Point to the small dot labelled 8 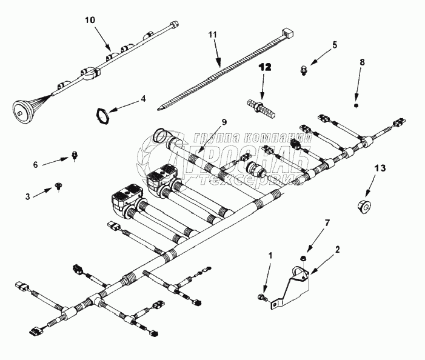[x=355, y=105]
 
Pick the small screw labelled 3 [x=58, y=186]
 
